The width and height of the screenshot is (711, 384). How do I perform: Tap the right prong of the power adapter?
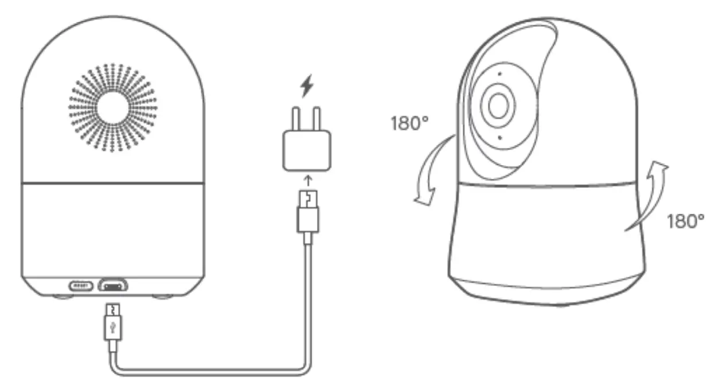[317, 118]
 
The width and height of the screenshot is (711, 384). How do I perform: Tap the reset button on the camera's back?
[81, 285]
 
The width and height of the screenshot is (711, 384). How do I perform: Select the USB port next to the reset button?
[113, 285]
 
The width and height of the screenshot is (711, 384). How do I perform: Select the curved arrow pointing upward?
[648, 195]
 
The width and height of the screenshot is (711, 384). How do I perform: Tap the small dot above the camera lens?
[500, 74]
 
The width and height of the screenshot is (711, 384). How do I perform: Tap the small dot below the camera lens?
[500, 138]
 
